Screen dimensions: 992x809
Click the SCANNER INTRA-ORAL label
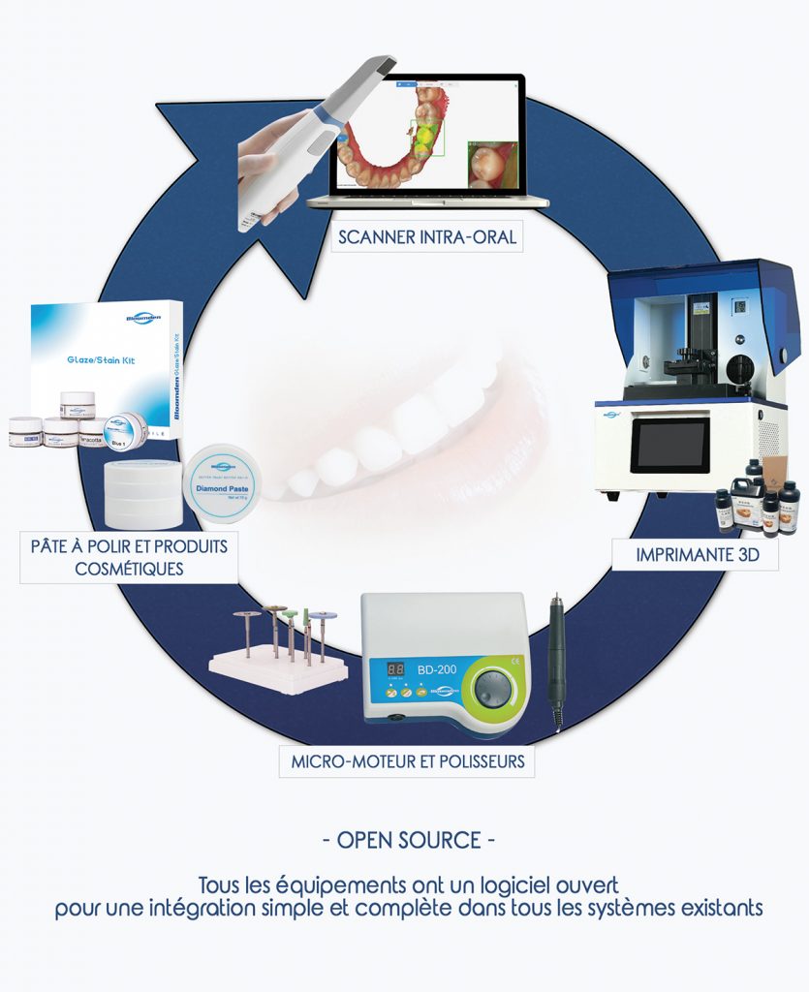(426, 236)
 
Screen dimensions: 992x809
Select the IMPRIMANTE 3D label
(695, 555)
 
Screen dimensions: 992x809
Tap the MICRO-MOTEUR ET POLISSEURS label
(407, 760)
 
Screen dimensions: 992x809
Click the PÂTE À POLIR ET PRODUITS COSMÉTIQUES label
(129, 557)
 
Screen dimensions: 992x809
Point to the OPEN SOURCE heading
(407, 840)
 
